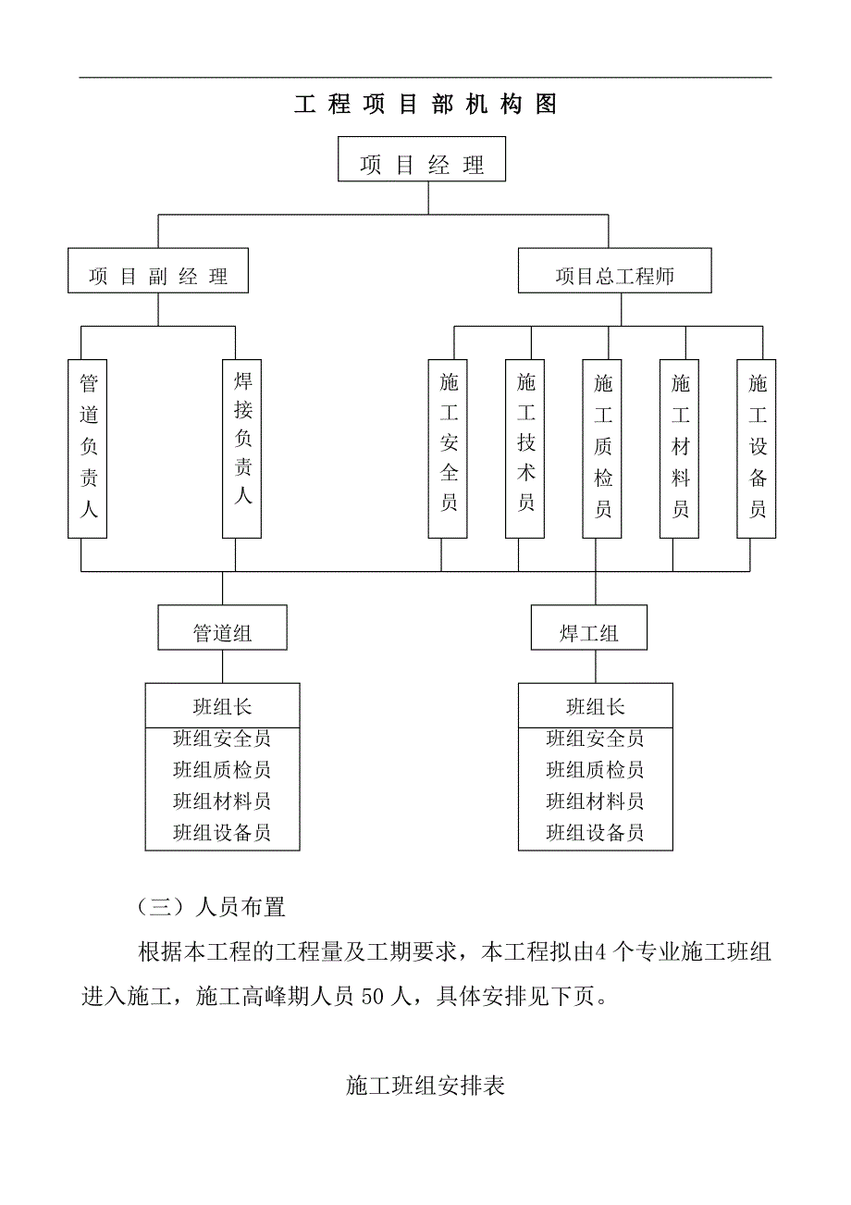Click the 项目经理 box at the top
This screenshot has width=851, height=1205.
pos(422,166)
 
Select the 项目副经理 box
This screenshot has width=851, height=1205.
pos(158,276)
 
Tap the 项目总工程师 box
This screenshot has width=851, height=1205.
pos(614,276)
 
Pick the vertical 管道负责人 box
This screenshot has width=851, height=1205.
pos(89,447)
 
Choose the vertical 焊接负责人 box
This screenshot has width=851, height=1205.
pos(242,447)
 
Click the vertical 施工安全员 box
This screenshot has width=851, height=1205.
pos(449,447)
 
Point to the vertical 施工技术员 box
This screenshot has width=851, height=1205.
pos(525,447)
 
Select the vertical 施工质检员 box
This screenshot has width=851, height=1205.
pos(602,447)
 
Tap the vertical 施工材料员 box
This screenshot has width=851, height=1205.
pos(680,447)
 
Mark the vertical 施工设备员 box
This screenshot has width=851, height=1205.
pos(757,447)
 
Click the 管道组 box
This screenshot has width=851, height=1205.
pos(222,633)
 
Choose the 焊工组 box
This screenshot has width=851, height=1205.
pos(589,633)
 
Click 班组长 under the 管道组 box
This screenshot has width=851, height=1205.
pos(222,707)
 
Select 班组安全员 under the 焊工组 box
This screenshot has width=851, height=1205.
pos(595,739)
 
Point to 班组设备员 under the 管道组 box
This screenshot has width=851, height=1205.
pos(222,833)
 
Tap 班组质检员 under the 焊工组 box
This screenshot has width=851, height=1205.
pos(595,770)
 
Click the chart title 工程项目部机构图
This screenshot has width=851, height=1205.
pos(425,105)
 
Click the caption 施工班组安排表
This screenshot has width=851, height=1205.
pos(425,1087)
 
